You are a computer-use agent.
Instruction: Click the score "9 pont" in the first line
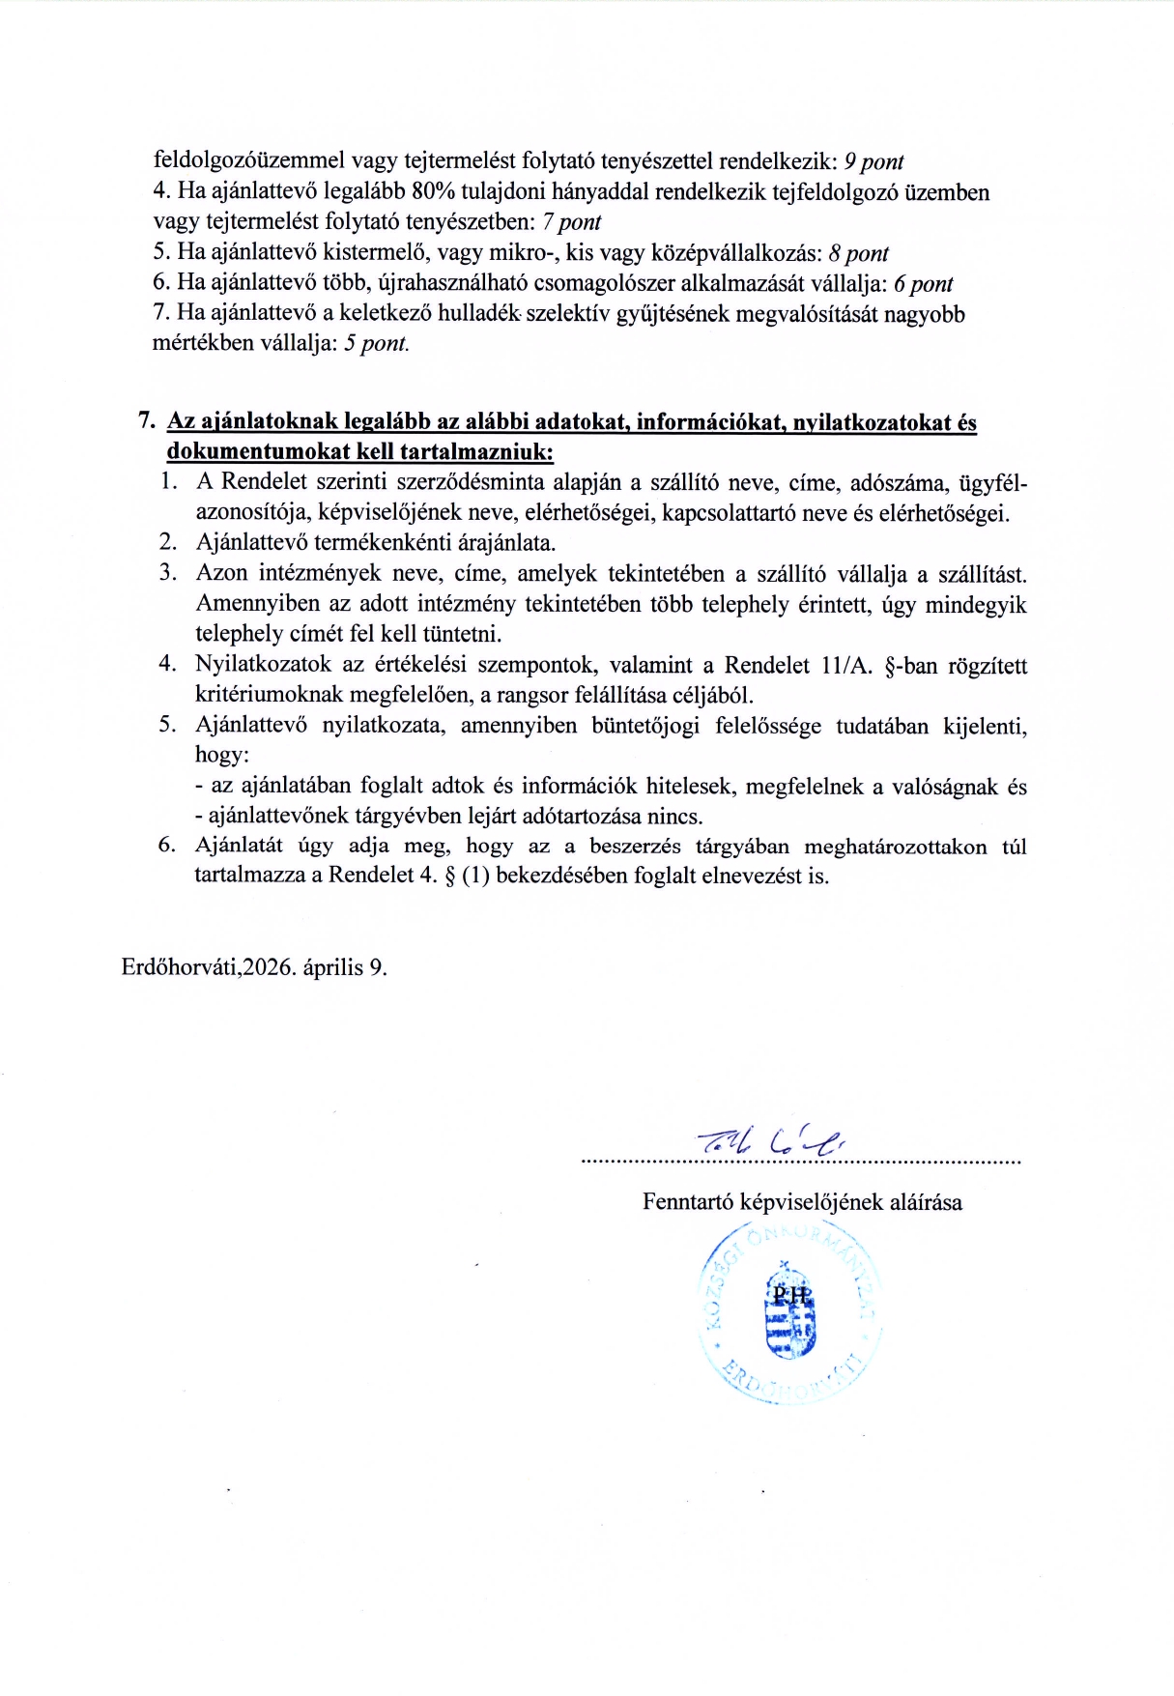pyautogui.click(x=873, y=161)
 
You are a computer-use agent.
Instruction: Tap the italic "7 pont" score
pyautogui.click(x=571, y=222)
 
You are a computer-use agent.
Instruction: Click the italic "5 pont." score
pyautogui.click(x=377, y=344)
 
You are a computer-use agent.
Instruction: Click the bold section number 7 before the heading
pyautogui.click(x=146, y=421)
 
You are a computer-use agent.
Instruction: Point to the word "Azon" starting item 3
pyautogui.click(x=221, y=573)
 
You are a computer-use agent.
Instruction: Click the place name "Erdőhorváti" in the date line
pyautogui.click(x=180, y=967)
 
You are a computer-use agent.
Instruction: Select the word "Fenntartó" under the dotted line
pyautogui.click(x=688, y=1202)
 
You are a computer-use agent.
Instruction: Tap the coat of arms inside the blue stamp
pyautogui.click(x=789, y=1316)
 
